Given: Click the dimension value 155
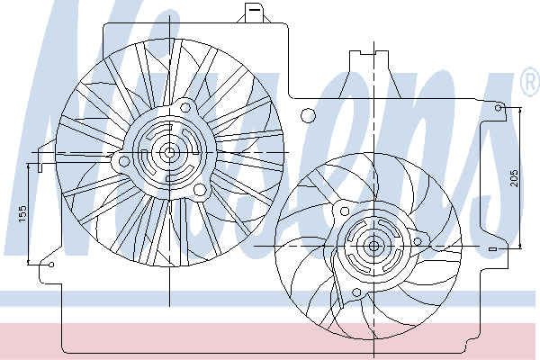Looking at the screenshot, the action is tap(22, 213).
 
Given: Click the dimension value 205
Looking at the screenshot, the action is tap(514, 178).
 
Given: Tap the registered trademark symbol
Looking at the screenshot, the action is tap(531, 82).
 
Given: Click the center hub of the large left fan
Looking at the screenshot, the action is tap(169, 152).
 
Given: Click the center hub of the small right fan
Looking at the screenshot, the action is tap(374, 247).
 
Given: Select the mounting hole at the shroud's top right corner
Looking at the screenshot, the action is tap(499, 108).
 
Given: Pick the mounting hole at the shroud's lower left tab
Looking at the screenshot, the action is tap(51, 265).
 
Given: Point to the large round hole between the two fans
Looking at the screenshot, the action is tap(308, 115).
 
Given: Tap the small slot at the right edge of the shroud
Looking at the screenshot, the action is tap(493, 248).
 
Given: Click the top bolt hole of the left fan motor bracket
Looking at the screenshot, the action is tap(185, 108).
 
